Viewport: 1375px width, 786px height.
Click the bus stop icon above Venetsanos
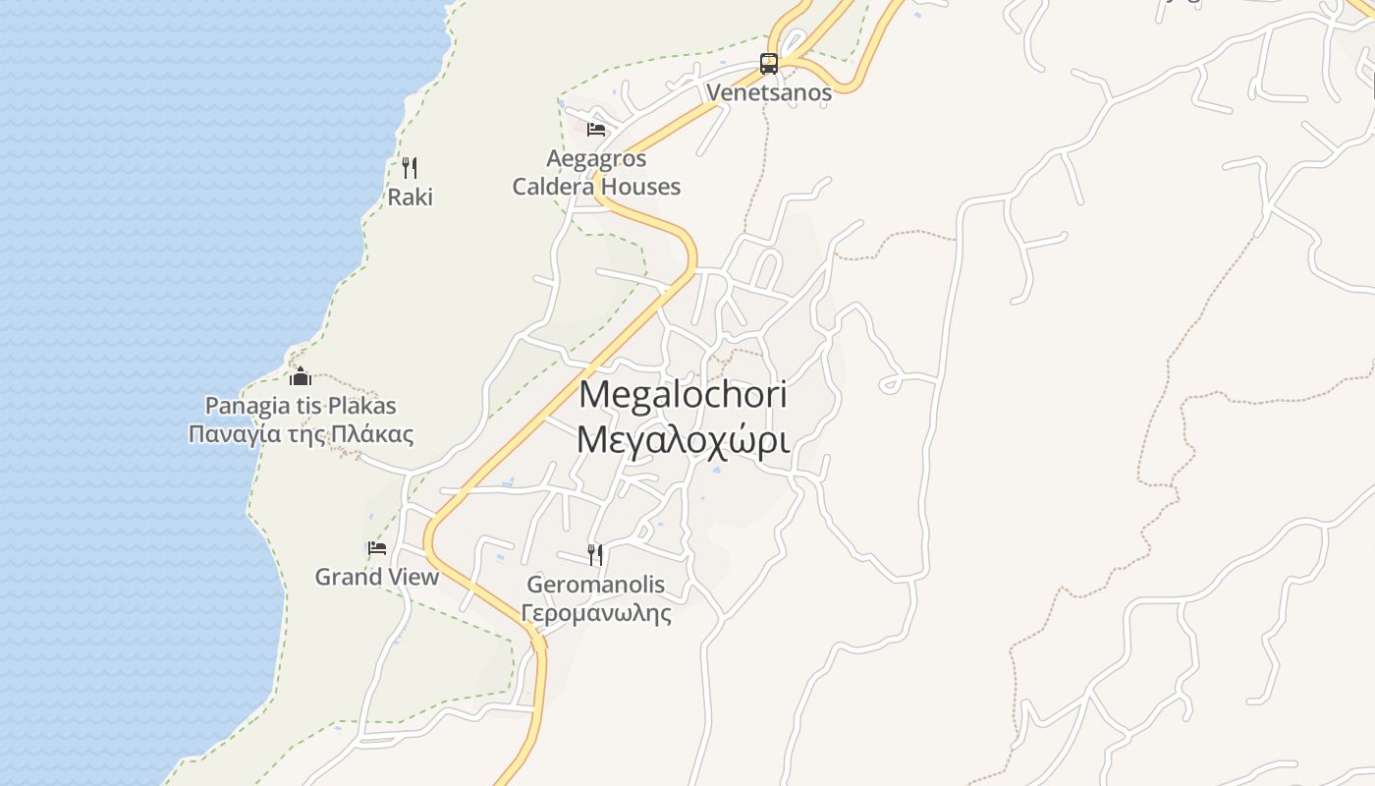[769, 65]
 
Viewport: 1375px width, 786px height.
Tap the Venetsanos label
[769, 93]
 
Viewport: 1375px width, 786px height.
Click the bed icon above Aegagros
[596, 129]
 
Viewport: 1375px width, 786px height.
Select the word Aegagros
[596, 158]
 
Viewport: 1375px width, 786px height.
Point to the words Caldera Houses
[596, 186]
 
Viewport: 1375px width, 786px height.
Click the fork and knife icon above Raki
[410, 168]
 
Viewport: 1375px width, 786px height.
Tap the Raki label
[410, 196]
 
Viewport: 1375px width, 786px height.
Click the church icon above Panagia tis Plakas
[301, 376]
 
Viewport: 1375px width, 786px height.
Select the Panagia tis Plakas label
[301, 405]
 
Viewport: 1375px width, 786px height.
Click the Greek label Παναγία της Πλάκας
[301, 434]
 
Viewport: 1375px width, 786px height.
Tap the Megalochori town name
[684, 394]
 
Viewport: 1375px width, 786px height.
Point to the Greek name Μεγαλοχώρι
[684, 439]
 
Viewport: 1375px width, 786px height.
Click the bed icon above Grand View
[377, 548]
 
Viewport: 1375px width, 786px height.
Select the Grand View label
[377, 577]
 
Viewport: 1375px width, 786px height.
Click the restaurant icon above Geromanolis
[595, 555]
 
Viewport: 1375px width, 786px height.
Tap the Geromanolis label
[595, 585]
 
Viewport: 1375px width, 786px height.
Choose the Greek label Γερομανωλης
[595, 614]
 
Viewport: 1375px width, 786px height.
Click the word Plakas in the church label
[362, 405]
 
